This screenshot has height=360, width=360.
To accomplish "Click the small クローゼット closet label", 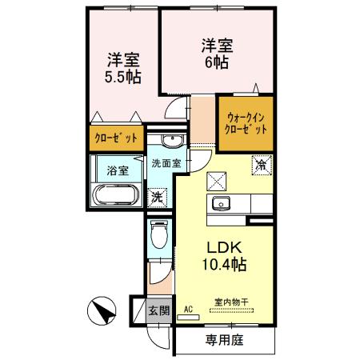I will [117, 138].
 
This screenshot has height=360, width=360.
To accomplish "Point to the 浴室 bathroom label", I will [117, 170].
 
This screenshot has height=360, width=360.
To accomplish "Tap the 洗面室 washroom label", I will [166, 163].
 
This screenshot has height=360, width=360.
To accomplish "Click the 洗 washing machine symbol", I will [158, 195].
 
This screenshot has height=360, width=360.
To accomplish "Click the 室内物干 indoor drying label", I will [231, 302].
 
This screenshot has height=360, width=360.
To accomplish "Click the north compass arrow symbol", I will [102, 310].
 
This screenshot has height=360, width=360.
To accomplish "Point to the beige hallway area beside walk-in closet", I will [204, 120].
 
